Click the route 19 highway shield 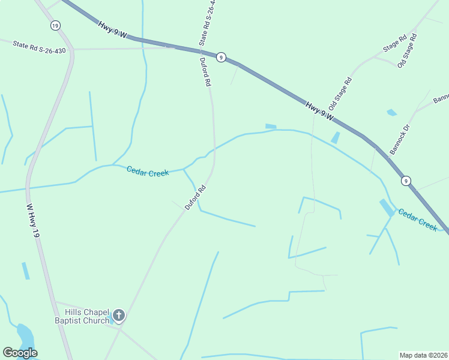point(55,25)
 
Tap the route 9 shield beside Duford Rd point(221,57)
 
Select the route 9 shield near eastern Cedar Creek point(406,180)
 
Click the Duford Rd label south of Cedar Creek point(196,197)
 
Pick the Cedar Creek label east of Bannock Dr point(418,220)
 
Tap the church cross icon point(119,315)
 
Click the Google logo point(20,353)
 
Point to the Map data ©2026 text point(424,355)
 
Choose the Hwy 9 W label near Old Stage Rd point(319,111)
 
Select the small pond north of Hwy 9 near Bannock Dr point(392,112)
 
